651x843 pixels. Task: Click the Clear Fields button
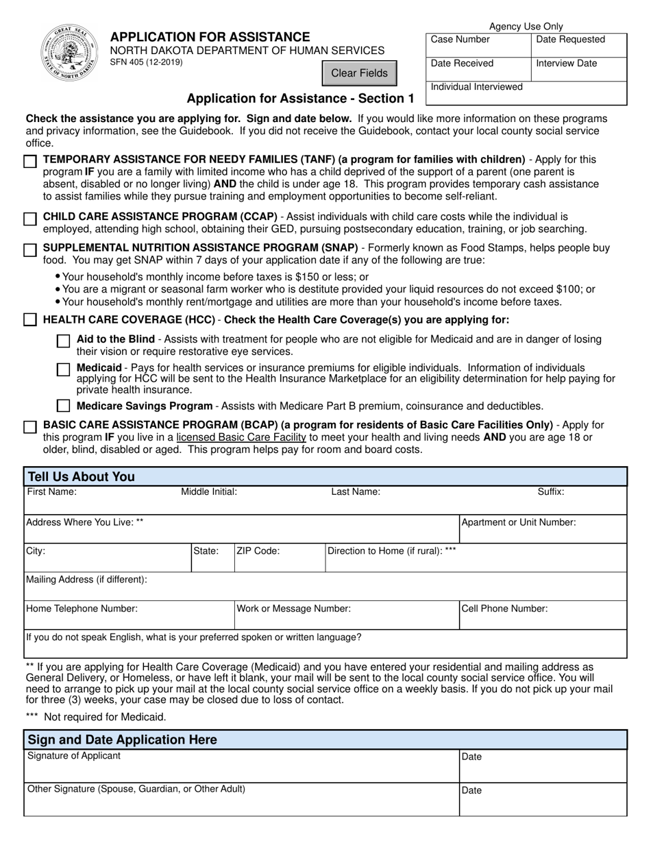359,73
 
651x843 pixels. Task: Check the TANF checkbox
30,162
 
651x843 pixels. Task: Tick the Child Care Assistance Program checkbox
30,219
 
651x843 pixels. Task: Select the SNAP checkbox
30,250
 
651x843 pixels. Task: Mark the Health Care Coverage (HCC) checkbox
30,320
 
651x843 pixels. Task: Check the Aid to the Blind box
63,341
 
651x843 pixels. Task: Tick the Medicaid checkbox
63,369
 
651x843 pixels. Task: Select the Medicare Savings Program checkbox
63,406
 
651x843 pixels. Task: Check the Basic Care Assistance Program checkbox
30,427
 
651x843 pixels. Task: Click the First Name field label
52,491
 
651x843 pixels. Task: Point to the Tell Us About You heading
81,477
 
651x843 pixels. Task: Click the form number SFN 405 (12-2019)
147,62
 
